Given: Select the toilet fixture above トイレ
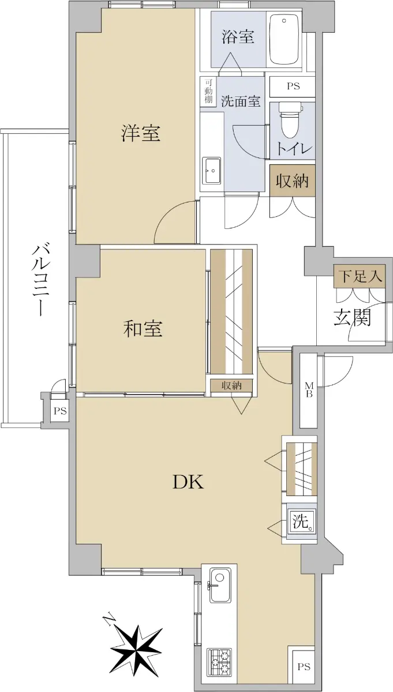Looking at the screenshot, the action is pos(290,119).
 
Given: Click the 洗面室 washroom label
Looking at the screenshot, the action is pos(241,101).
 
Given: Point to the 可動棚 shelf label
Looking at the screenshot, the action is pos(208,91).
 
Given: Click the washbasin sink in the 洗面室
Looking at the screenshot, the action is pos(211,171).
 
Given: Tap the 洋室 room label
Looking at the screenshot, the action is pos(141,133).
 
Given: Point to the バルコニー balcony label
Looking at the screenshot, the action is pos(40,280).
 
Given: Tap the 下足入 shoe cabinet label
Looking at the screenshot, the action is pos(360,276).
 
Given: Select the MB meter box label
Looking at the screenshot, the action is pos(309,390).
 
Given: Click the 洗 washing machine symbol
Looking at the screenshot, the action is pos(301,522).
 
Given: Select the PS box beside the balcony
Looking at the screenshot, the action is pos(60,411).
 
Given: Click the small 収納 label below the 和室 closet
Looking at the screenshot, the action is pos(231,385).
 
